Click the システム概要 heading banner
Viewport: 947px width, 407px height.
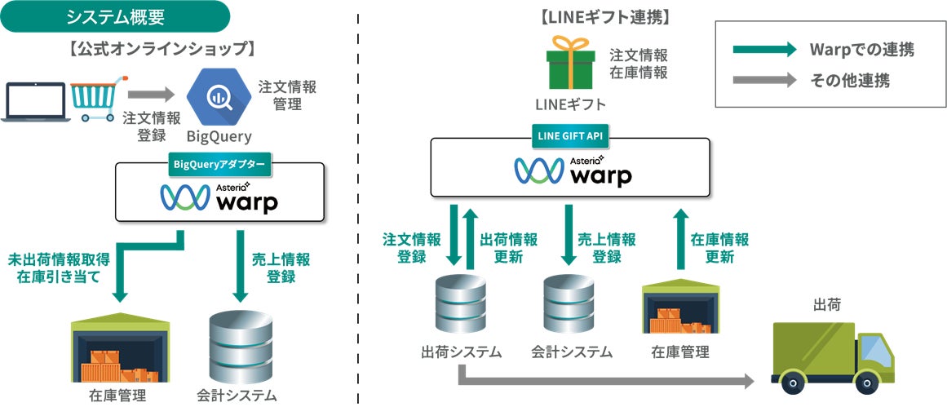click(x=114, y=16)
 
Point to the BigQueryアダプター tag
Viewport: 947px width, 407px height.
click(x=219, y=163)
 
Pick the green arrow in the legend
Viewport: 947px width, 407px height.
click(x=763, y=50)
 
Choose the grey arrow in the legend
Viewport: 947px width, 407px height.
click(x=763, y=81)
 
